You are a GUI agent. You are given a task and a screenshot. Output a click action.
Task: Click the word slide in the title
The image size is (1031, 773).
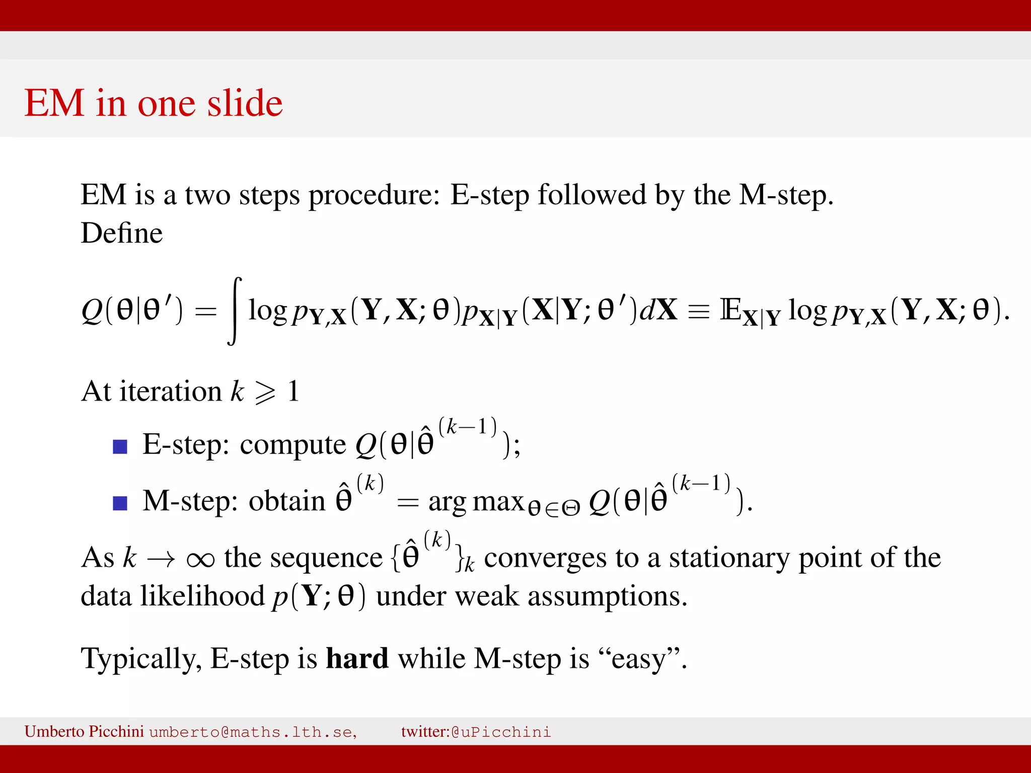tap(245, 103)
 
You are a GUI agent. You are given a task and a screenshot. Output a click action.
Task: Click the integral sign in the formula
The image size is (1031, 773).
tap(235, 311)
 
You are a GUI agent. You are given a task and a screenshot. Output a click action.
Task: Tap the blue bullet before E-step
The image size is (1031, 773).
tap(120, 446)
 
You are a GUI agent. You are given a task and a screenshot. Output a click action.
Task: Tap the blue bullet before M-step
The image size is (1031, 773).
tap(120, 503)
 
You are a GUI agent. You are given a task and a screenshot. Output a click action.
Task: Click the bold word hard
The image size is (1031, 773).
tap(357, 659)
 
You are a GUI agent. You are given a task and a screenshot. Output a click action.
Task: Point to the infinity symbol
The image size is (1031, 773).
tap(200, 559)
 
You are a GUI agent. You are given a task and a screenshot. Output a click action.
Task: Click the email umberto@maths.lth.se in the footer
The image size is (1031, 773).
tap(253, 732)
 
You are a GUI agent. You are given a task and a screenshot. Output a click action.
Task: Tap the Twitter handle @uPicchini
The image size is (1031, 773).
tap(501, 732)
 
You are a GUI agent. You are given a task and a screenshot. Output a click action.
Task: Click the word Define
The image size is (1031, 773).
tap(122, 234)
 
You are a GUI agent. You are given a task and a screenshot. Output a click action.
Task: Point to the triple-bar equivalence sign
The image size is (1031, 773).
tap(698, 312)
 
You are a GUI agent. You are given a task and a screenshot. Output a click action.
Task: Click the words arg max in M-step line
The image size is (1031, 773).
tap(476, 502)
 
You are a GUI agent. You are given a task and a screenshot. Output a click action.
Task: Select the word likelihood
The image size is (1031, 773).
tap(202, 596)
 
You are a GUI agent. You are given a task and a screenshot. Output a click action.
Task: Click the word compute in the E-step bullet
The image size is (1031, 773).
tap(293, 445)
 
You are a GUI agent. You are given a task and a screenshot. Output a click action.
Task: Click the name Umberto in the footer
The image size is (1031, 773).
tap(54, 731)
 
